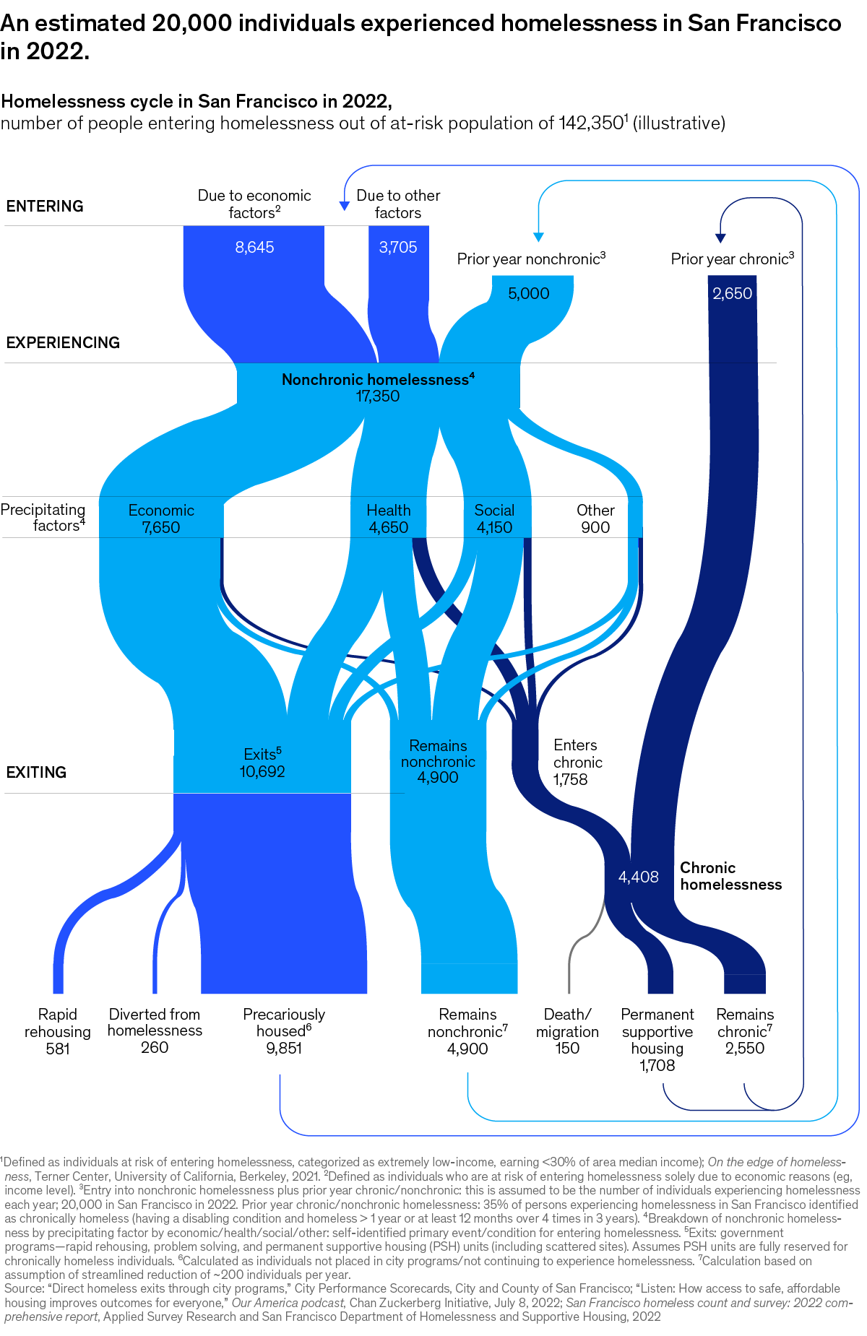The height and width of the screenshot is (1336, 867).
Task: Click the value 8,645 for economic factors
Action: (x=254, y=247)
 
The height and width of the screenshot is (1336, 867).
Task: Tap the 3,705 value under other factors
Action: (x=398, y=247)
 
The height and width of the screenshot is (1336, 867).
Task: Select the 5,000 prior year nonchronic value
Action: (x=529, y=293)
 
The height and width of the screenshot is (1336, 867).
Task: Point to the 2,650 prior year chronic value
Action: (x=733, y=293)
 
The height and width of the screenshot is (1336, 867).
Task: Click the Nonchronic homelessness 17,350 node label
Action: (x=378, y=388)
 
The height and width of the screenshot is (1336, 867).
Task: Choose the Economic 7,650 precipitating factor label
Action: (x=161, y=519)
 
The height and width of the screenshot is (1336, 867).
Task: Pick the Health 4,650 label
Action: (x=389, y=519)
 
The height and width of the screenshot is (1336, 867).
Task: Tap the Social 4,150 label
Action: (x=494, y=519)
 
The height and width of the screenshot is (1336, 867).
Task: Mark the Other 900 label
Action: (x=595, y=519)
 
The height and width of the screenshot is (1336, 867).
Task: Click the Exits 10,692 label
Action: (x=262, y=763)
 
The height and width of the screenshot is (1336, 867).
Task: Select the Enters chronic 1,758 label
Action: (x=576, y=762)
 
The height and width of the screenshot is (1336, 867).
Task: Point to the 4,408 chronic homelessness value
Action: (x=639, y=877)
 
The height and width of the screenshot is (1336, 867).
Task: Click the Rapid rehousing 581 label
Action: (x=58, y=1031)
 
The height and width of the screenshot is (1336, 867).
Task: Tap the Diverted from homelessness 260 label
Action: (x=155, y=1031)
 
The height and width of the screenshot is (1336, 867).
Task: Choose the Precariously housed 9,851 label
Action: (x=284, y=1031)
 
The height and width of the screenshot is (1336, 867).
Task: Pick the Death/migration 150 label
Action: (x=567, y=1031)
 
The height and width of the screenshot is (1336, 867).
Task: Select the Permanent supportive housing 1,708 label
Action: (x=657, y=1040)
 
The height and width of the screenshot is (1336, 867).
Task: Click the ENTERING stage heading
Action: (x=45, y=206)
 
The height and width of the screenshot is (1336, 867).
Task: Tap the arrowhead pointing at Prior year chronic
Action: (x=720, y=238)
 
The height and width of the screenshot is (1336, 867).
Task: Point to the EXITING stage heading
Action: (x=36, y=772)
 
